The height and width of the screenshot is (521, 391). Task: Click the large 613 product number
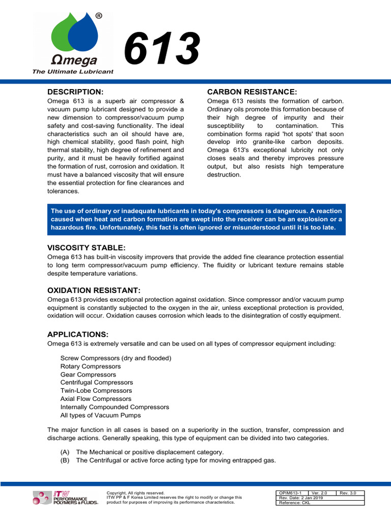(162, 49)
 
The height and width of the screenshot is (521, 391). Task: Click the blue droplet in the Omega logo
(86, 33)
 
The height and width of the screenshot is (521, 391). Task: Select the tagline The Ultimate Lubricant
(73, 72)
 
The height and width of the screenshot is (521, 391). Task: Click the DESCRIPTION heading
(75, 92)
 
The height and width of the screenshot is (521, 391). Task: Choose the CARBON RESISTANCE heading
(252, 92)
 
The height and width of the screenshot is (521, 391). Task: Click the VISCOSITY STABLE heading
(86, 247)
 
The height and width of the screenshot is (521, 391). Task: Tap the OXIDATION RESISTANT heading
(94, 290)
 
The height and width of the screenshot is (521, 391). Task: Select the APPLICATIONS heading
(78, 334)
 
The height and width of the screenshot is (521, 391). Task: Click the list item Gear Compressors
(88, 374)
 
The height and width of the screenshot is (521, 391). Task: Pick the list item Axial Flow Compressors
(96, 399)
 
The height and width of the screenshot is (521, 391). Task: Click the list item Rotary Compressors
(91, 366)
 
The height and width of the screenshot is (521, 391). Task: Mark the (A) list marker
(65, 452)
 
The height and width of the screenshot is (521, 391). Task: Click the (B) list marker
(65, 460)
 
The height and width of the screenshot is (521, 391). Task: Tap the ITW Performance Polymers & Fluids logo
(65, 498)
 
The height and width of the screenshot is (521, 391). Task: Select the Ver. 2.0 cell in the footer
(321, 493)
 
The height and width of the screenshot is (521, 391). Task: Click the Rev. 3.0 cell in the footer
(350, 493)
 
